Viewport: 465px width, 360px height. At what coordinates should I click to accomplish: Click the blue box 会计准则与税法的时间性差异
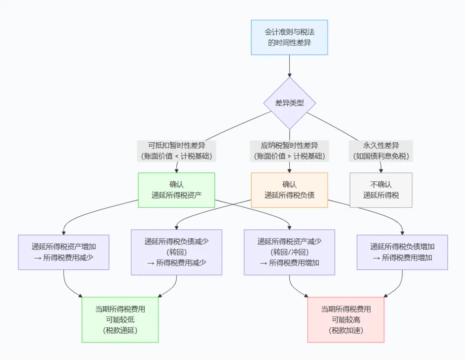[289, 37]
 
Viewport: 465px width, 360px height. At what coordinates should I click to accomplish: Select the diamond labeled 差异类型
[289, 103]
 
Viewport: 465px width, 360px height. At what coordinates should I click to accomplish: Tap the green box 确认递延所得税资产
[177, 190]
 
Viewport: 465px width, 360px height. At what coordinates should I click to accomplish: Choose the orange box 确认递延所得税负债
[289, 190]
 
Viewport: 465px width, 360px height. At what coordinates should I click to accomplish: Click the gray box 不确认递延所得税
[381, 190]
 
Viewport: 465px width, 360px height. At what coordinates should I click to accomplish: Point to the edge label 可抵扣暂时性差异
[177, 145]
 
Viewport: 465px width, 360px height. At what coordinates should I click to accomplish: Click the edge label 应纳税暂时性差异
[289, 145]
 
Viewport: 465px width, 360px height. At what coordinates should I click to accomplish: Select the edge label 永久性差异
[381, 145]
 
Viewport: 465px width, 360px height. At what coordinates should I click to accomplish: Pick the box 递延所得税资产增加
[64, 252]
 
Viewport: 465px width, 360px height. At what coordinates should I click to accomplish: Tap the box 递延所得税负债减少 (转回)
[177, 252]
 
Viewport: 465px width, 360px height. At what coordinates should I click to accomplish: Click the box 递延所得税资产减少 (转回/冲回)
[289, 252]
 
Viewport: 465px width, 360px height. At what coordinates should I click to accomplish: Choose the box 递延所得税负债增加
[403, 252]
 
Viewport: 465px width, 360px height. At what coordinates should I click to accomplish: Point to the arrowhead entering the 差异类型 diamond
[289, 75]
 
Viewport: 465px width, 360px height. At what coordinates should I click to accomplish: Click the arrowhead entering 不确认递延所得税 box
[381, 171]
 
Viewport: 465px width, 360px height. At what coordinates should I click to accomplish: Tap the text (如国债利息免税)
[381, 156]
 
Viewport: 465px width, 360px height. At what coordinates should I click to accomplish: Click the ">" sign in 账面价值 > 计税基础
[289, 157]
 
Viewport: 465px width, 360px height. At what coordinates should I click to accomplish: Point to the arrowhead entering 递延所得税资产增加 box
[64, 233]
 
